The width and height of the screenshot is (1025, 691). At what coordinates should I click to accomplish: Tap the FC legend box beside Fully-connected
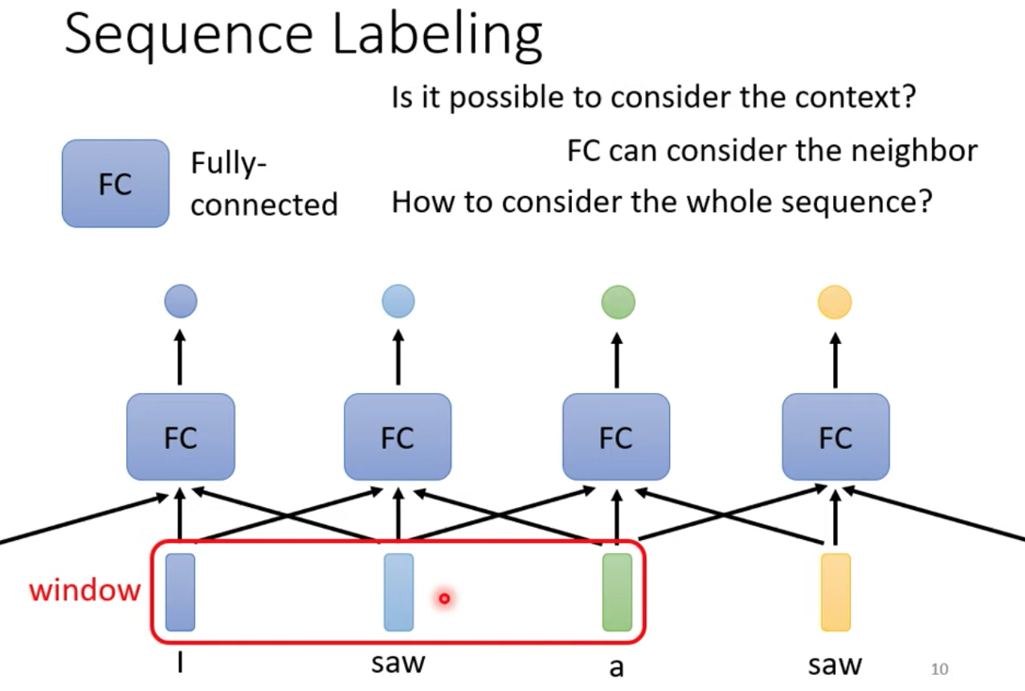point(116,183)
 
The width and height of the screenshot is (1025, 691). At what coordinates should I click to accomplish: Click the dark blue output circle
point(181,301)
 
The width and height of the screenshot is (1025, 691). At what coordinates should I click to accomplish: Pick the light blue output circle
point(398,301)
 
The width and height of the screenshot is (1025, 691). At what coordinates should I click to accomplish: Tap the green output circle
point(618,302)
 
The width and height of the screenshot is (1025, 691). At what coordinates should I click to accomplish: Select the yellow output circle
point(835,302)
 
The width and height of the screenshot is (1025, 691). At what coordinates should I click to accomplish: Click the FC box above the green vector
point(616,436)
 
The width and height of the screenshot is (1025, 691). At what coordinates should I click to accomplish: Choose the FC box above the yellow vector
point(836,436)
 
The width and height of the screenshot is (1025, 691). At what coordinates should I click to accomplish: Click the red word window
point(84,590)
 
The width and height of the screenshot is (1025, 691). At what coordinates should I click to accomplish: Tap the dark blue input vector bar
point(180,592)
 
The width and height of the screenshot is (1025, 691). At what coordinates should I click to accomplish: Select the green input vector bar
point(617,592)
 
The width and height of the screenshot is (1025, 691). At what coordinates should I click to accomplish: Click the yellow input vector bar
point(835,592)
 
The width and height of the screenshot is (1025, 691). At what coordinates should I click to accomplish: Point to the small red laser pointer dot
point(444,598)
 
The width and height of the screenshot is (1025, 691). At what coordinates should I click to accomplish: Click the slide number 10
point(939,669)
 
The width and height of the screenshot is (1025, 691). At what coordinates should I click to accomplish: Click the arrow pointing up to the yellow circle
point(835,360)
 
